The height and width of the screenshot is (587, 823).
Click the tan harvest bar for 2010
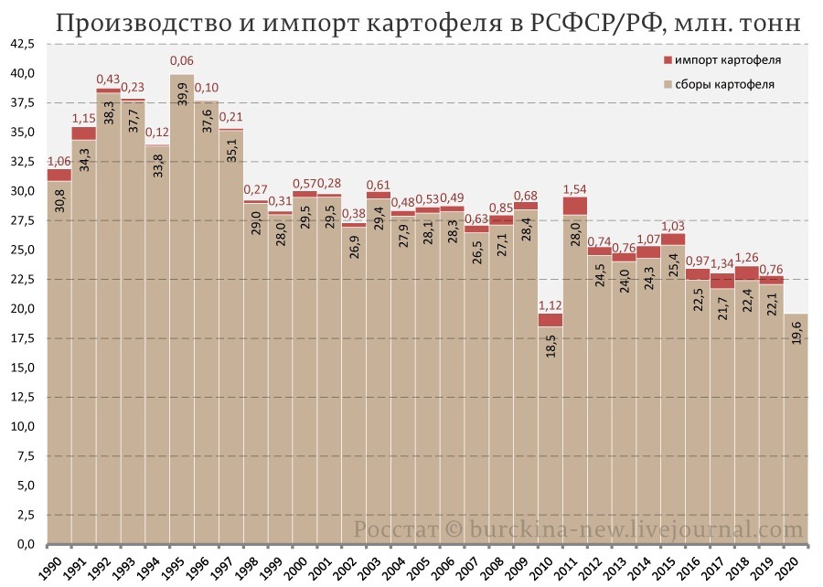pos(550,439)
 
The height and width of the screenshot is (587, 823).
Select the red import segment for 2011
pos(574,206)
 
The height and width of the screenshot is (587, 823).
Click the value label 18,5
pos(550,349)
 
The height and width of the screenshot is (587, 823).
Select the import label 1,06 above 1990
pos(59,161)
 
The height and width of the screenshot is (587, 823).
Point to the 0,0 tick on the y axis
pos(24,545)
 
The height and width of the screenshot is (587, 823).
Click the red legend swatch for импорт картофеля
pos(666,61)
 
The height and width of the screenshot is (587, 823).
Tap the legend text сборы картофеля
pos(728,85)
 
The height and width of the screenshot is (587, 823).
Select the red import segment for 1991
pos(84,133)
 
